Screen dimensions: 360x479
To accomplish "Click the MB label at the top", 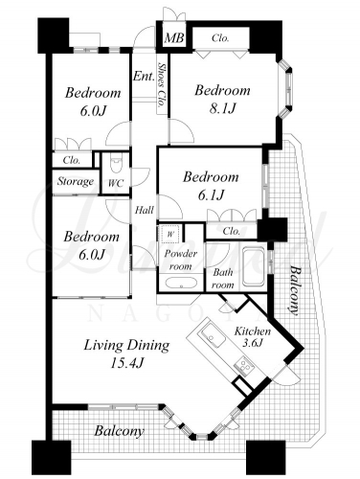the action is pyautogui.click(x=174, y=38).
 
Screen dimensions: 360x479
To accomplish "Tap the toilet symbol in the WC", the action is pyautogui.click(x=116, y=164).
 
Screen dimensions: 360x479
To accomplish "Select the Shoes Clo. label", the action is pyautogui.click(x=163, y=85).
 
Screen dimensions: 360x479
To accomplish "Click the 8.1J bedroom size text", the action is pyautogui.click(x=222, y=109).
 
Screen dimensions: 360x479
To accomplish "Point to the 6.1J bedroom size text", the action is pyautogui.click(x=211, y=194).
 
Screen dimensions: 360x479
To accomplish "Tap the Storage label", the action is pyautogui.click(x=76, y=181).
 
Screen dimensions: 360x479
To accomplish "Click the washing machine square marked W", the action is pyautogui.click(x=170, y=234).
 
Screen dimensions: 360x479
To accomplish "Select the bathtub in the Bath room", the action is pyautogui.click(x=254, y=267).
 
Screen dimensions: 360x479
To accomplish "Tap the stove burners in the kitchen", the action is pyautogui.click(x=245, y=367).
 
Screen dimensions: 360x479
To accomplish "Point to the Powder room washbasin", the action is pyautogui.click(x=179, y=283).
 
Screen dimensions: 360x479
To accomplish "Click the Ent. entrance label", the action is pyautogui.click(x=144, y=76).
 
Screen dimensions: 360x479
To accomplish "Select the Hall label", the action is pyautogui.click(x=144, y=210).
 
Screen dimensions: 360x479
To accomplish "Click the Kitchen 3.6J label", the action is pyautogui.click(x=253, y=336).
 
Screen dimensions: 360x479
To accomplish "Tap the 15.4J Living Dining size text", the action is pyautogui.click(x=126, y=363).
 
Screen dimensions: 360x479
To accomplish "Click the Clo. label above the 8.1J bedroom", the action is pyautogui.click(x=220, y=38).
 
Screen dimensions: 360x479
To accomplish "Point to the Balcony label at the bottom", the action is pyautogui.click(x=119, y=431).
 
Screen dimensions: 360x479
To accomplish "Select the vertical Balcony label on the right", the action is pyautogui.click(x=294, y=290).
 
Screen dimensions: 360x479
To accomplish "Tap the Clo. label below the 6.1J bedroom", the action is pyautogui.click(x=232, y=230).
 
